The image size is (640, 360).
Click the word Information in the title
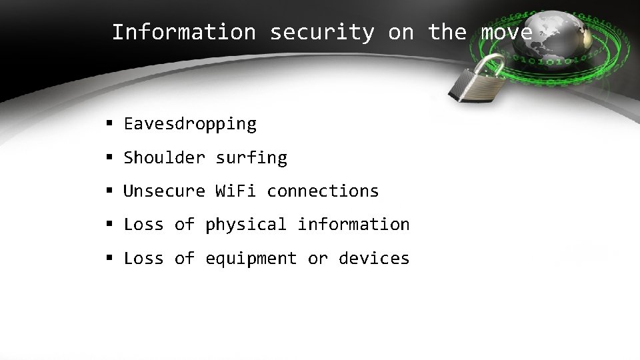(183, 32)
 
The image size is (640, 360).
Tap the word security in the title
(322, 32)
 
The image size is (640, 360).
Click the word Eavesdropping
(190, 124)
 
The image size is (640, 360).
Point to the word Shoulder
(165, 158)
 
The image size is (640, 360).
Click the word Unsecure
(165, 191)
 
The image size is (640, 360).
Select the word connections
(323, 191)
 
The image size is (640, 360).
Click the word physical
(247, 225)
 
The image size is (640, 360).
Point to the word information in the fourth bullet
(353, 225)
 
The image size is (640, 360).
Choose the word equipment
(251, 258)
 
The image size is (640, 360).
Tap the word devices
(374, 258)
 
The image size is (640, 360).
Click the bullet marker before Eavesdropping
(109, 124)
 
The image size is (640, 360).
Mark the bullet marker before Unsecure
(109, 191)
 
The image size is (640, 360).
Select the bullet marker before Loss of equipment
(109, 258)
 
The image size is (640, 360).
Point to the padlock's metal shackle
(493, 65)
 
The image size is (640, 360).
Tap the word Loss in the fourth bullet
(144, 225)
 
